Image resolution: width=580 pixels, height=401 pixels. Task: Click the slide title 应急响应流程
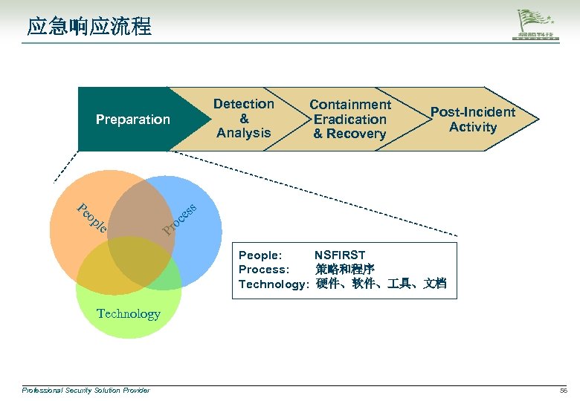click(x=89, y=27)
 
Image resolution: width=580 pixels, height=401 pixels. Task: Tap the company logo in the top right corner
click(x=539, y=27)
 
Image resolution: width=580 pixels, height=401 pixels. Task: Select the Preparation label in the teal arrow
click(x=132, y=120)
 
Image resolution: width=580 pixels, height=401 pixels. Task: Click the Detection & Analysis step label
click(x=244, y=119)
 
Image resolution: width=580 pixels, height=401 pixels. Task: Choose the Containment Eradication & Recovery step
click(x=349, y=120)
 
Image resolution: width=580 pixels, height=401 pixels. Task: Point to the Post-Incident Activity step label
click(x=472, y=120)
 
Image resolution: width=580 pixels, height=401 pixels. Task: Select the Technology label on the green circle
click(x=128, y=313)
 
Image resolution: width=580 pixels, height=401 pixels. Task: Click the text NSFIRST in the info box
click(x=340, y=255)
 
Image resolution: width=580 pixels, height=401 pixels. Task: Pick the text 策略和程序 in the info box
click(x=345, y=269)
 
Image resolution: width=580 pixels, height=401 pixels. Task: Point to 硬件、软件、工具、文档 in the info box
click(x=381, y=284)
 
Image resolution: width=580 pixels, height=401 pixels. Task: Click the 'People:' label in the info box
click(x=260, y=255)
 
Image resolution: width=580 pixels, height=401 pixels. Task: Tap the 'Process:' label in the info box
click(x=263, y=269)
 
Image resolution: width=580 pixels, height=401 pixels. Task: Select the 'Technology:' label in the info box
click(x=273, y=284)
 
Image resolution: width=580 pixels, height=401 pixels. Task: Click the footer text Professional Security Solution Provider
click(x=86, y=390)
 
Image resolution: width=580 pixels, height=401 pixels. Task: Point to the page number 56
click(x=563, y=390)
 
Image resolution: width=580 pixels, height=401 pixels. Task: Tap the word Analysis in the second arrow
click(x=244, y=133)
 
